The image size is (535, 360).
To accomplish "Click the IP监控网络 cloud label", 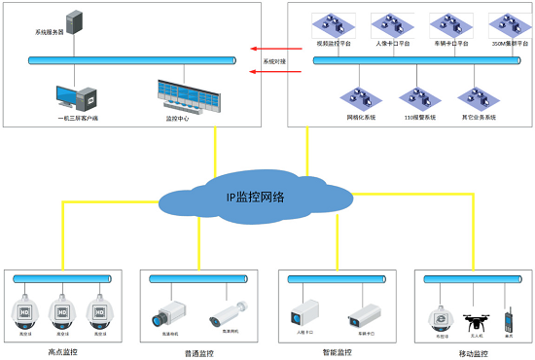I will [x=255, y=198].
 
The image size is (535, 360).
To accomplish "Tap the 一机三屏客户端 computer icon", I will [x=77, y=96].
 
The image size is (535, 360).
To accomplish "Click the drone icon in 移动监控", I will [x=476, y=318].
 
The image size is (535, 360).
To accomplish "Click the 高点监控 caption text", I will [x=63, y=352].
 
